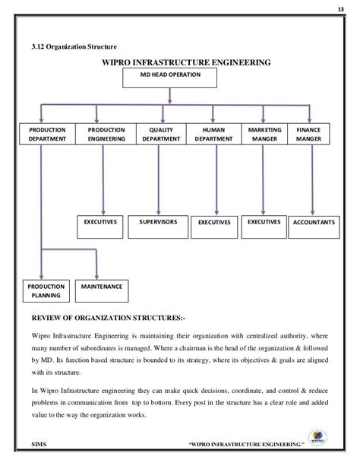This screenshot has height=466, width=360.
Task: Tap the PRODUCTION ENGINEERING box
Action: (x=106, y=136)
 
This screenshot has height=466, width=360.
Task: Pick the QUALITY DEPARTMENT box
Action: (x=156, y=136)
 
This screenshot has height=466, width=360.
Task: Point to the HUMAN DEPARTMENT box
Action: (x=209, y=136)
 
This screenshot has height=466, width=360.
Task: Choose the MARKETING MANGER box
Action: (x=262, y=136)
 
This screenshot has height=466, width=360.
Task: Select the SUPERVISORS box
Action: (x=158, y=223)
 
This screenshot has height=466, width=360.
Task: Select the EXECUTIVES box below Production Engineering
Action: (x=101, y=223)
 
